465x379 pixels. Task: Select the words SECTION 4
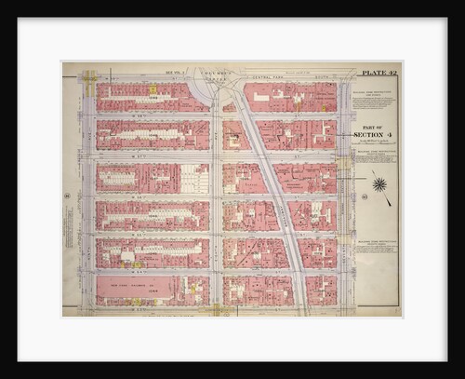[x=375, y=134]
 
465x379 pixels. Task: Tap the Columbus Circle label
[x=217, y=73]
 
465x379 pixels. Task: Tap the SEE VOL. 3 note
[x=176, y=70]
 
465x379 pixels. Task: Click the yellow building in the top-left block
[x=152, y=90]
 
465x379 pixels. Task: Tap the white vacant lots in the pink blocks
[x=194, y=179]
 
